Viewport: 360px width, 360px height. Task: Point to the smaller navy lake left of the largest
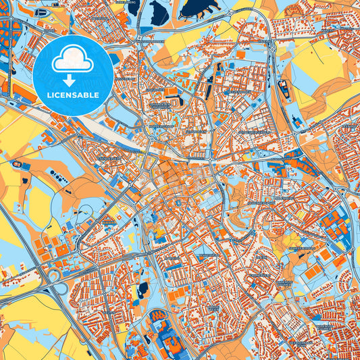(159, 11)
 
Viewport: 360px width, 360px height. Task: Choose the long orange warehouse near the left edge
(24, 92)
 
